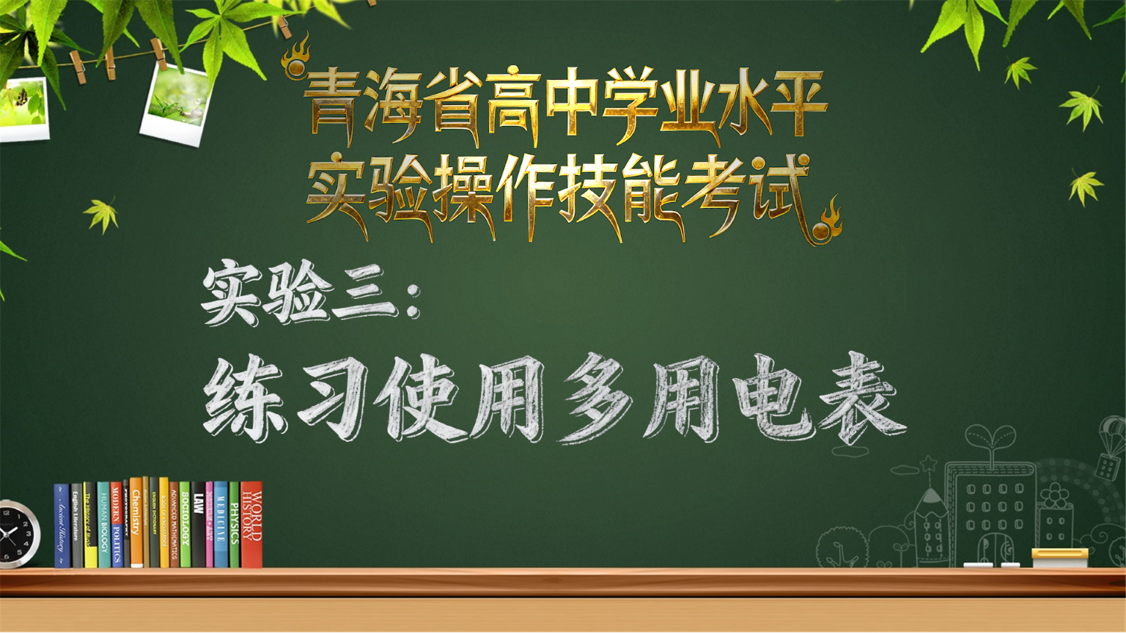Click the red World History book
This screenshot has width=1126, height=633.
click(x=251, y=524)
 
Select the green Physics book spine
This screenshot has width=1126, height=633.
click(x=234, y=524)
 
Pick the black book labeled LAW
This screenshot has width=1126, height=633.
click(x=198, y=524)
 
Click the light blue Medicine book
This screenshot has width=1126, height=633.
click(x=221, y=524)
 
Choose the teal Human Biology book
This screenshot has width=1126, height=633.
click(x=103, y=524)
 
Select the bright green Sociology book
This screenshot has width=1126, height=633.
click(x=185, y=524)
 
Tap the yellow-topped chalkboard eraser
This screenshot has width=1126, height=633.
click(x=1059, y=558)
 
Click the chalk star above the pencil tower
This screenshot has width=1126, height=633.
click(x=930, y=463)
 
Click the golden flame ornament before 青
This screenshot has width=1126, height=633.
click(x=297, y=59)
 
